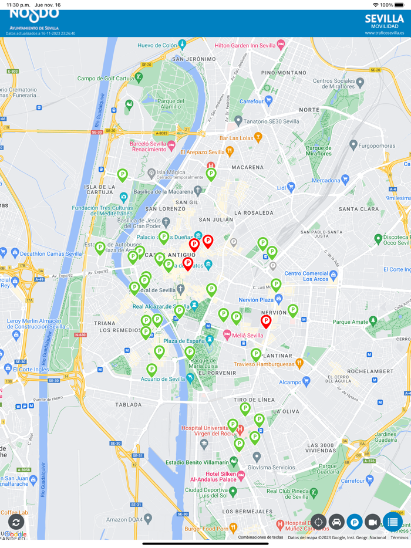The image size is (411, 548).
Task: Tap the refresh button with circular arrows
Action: point(16,522)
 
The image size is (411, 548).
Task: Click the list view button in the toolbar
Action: point(393,522)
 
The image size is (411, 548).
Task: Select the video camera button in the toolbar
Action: point(373,522)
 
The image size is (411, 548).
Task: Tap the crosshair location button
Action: point(318,522)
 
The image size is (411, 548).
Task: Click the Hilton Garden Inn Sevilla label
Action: point(245,45)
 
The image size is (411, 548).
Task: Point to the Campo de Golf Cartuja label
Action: point(106,78)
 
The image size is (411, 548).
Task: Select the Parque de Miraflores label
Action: point(319,151)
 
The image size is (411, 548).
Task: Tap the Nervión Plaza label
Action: point(256,300)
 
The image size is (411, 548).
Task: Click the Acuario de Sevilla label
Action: point(163,379)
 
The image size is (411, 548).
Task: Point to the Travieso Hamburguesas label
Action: point(264,364)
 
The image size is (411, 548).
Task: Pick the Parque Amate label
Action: point(351,322)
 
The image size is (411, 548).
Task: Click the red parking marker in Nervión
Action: point(266,321)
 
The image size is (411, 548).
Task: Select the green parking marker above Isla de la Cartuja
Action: point(122,174)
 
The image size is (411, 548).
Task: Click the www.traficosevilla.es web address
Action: point(384,33)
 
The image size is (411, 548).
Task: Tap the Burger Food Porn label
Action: point(206,528)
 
